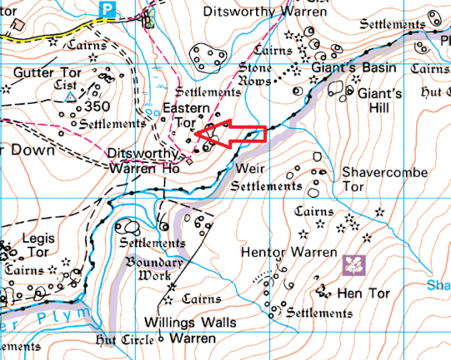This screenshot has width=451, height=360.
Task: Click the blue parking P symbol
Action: coord(109,9)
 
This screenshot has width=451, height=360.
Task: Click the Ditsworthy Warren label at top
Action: coord(252,12)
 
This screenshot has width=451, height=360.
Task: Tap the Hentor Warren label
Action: coord(288,253)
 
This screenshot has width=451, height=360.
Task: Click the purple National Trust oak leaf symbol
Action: coord(354,265)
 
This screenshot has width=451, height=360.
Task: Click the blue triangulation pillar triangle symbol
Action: coord(71,97)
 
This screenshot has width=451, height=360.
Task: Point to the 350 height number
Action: coord(99,106)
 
